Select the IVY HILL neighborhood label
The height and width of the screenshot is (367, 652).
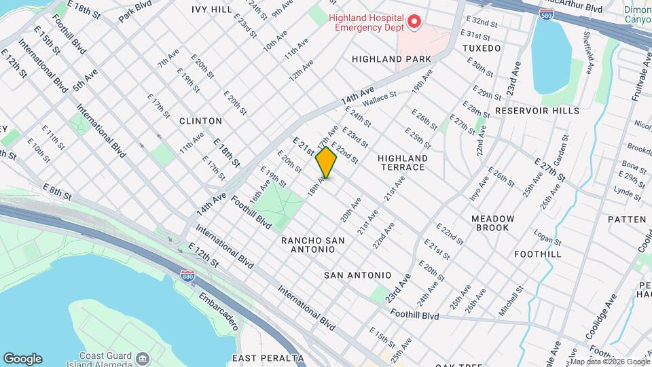pyautogui.click(x=212, y=10)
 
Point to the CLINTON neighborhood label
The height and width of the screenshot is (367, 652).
pyautogui.click(x=200, y=121)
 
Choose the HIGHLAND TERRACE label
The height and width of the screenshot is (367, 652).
pyautogui.click(x=401, y=162)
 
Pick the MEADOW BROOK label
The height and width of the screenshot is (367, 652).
pyautogui.click(x=493, y=223)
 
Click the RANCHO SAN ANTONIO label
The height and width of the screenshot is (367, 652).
pyautogui.click(x=313, y=245)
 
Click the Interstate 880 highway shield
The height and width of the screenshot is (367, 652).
pyautogui.click(x=188, y=275)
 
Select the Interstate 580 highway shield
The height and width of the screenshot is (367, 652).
pyautogui.click(x=545, y=14)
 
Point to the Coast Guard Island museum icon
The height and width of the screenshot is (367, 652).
pyautogui.click(x=143, y=358)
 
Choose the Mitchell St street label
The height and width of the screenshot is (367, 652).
pyautogui.click(x=511, y=299)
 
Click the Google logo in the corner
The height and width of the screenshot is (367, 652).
pyautogui.click(x=22, y=358)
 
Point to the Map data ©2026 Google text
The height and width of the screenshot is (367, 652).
pyautogui.click(x=610, y=362)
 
